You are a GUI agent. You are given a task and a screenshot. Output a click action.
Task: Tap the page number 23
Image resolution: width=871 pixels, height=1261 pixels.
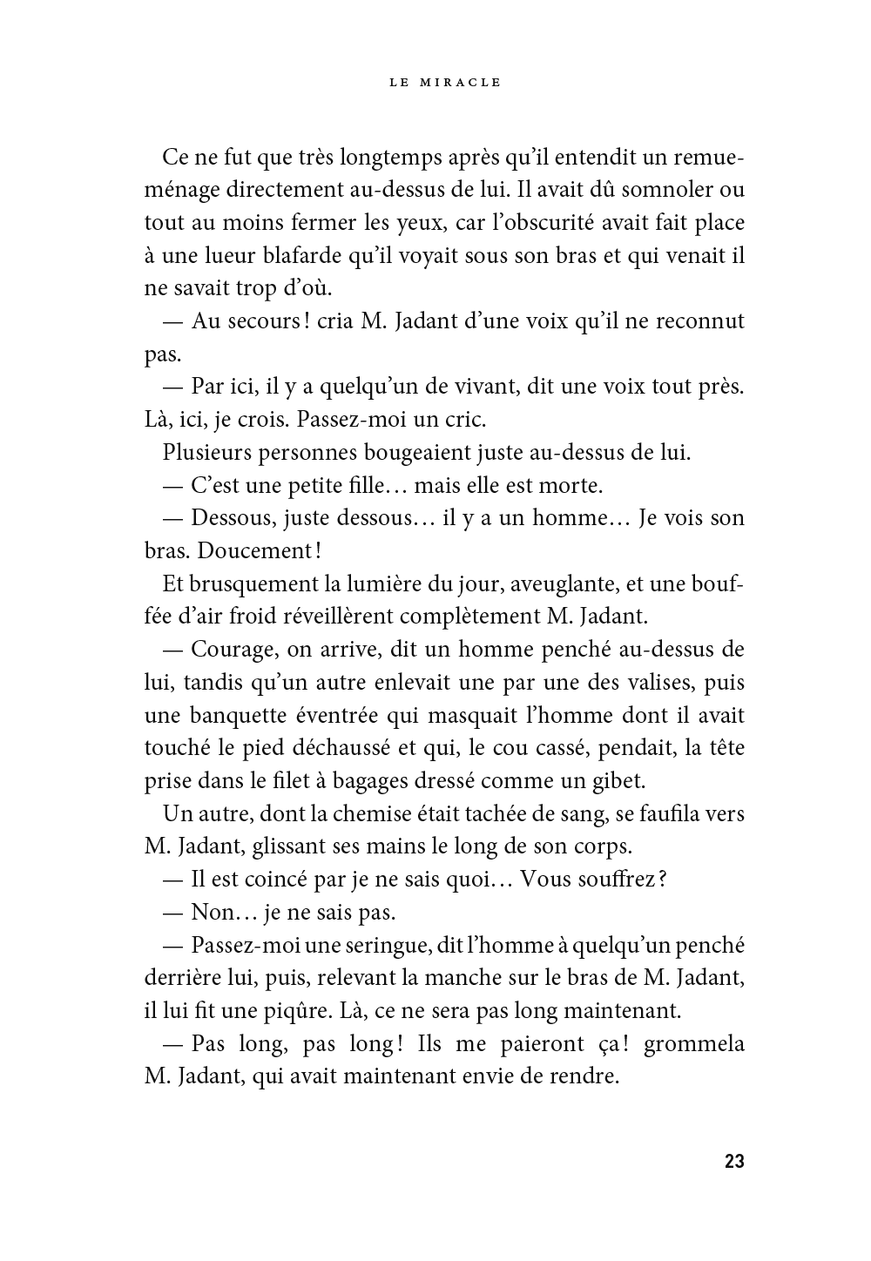pyautogui.click(x=733, y=1161)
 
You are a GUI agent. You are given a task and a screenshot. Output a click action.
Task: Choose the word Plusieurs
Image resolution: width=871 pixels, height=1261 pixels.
pyautogui.click(x=209, y=453)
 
